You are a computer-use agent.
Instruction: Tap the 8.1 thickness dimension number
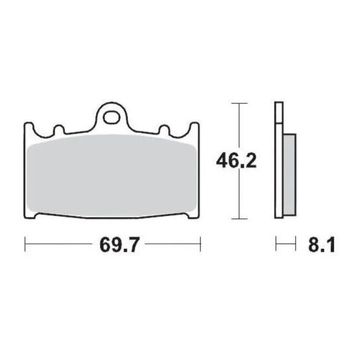tap(322, 245)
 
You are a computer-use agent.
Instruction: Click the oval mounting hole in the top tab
tap(111, 118)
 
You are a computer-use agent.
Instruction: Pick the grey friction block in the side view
tap(290, 174)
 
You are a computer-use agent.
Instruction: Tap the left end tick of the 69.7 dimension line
tap(25, 244)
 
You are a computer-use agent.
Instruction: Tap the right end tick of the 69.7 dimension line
tap(200, 244)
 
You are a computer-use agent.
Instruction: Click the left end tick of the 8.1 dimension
tap(276, 244)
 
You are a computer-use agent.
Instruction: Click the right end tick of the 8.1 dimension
tap(296, 244)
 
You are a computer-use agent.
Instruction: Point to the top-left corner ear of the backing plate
tap(28, 127)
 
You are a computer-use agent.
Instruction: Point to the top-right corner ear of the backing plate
tap(195, 127)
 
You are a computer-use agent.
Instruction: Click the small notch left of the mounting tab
tap(57, 131)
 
